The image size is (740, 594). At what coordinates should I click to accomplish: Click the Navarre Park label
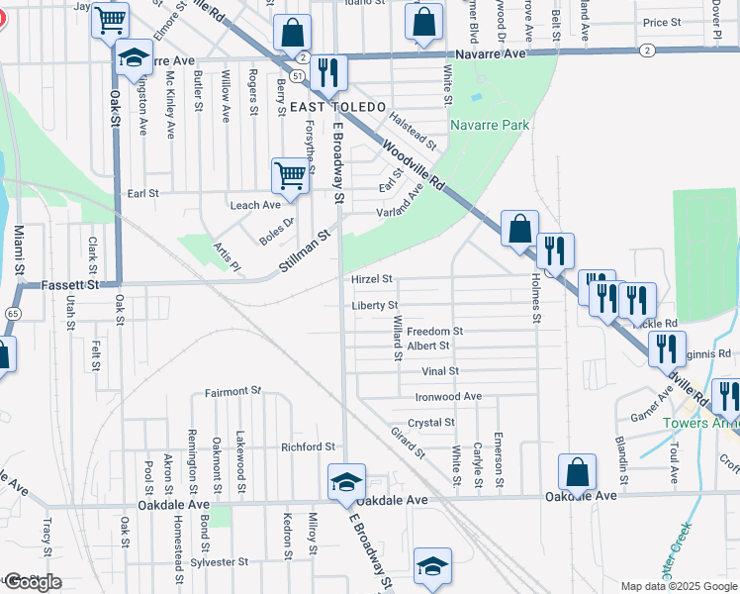click(490, 125)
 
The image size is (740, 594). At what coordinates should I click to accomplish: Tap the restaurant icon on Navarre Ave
click(328, 70)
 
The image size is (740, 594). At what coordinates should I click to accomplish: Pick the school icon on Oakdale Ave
click(346, 481)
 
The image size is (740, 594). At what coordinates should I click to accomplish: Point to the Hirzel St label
click(372, 279)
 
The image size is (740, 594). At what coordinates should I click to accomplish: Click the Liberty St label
click(374, 305)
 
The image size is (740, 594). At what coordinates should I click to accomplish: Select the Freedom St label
click(435, 331)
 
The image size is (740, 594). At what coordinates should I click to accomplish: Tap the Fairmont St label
click(232, 392)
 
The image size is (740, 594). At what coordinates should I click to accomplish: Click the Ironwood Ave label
click(448, 396)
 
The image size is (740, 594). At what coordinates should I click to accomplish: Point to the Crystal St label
click(431, 422)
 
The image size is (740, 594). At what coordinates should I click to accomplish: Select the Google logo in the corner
click(34, 582)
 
